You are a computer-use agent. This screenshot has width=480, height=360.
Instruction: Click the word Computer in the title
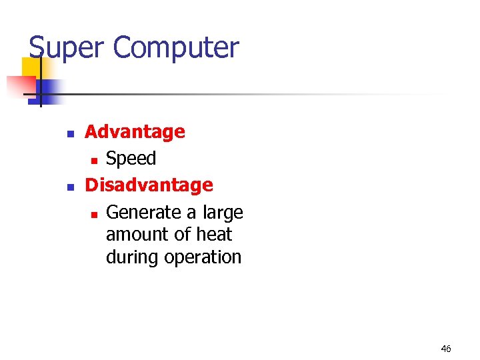click(176, 48)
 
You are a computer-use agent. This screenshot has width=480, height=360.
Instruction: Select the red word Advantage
click(135, 132)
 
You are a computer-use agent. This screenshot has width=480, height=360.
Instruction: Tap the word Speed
click(131, 159)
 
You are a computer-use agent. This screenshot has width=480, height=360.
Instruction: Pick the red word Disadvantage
click(149, 185)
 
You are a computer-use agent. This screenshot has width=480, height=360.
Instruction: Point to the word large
click(223, 213)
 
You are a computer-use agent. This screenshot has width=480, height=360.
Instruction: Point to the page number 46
click(446, 349)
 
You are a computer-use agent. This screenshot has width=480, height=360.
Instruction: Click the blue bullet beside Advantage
click(69, 133)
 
